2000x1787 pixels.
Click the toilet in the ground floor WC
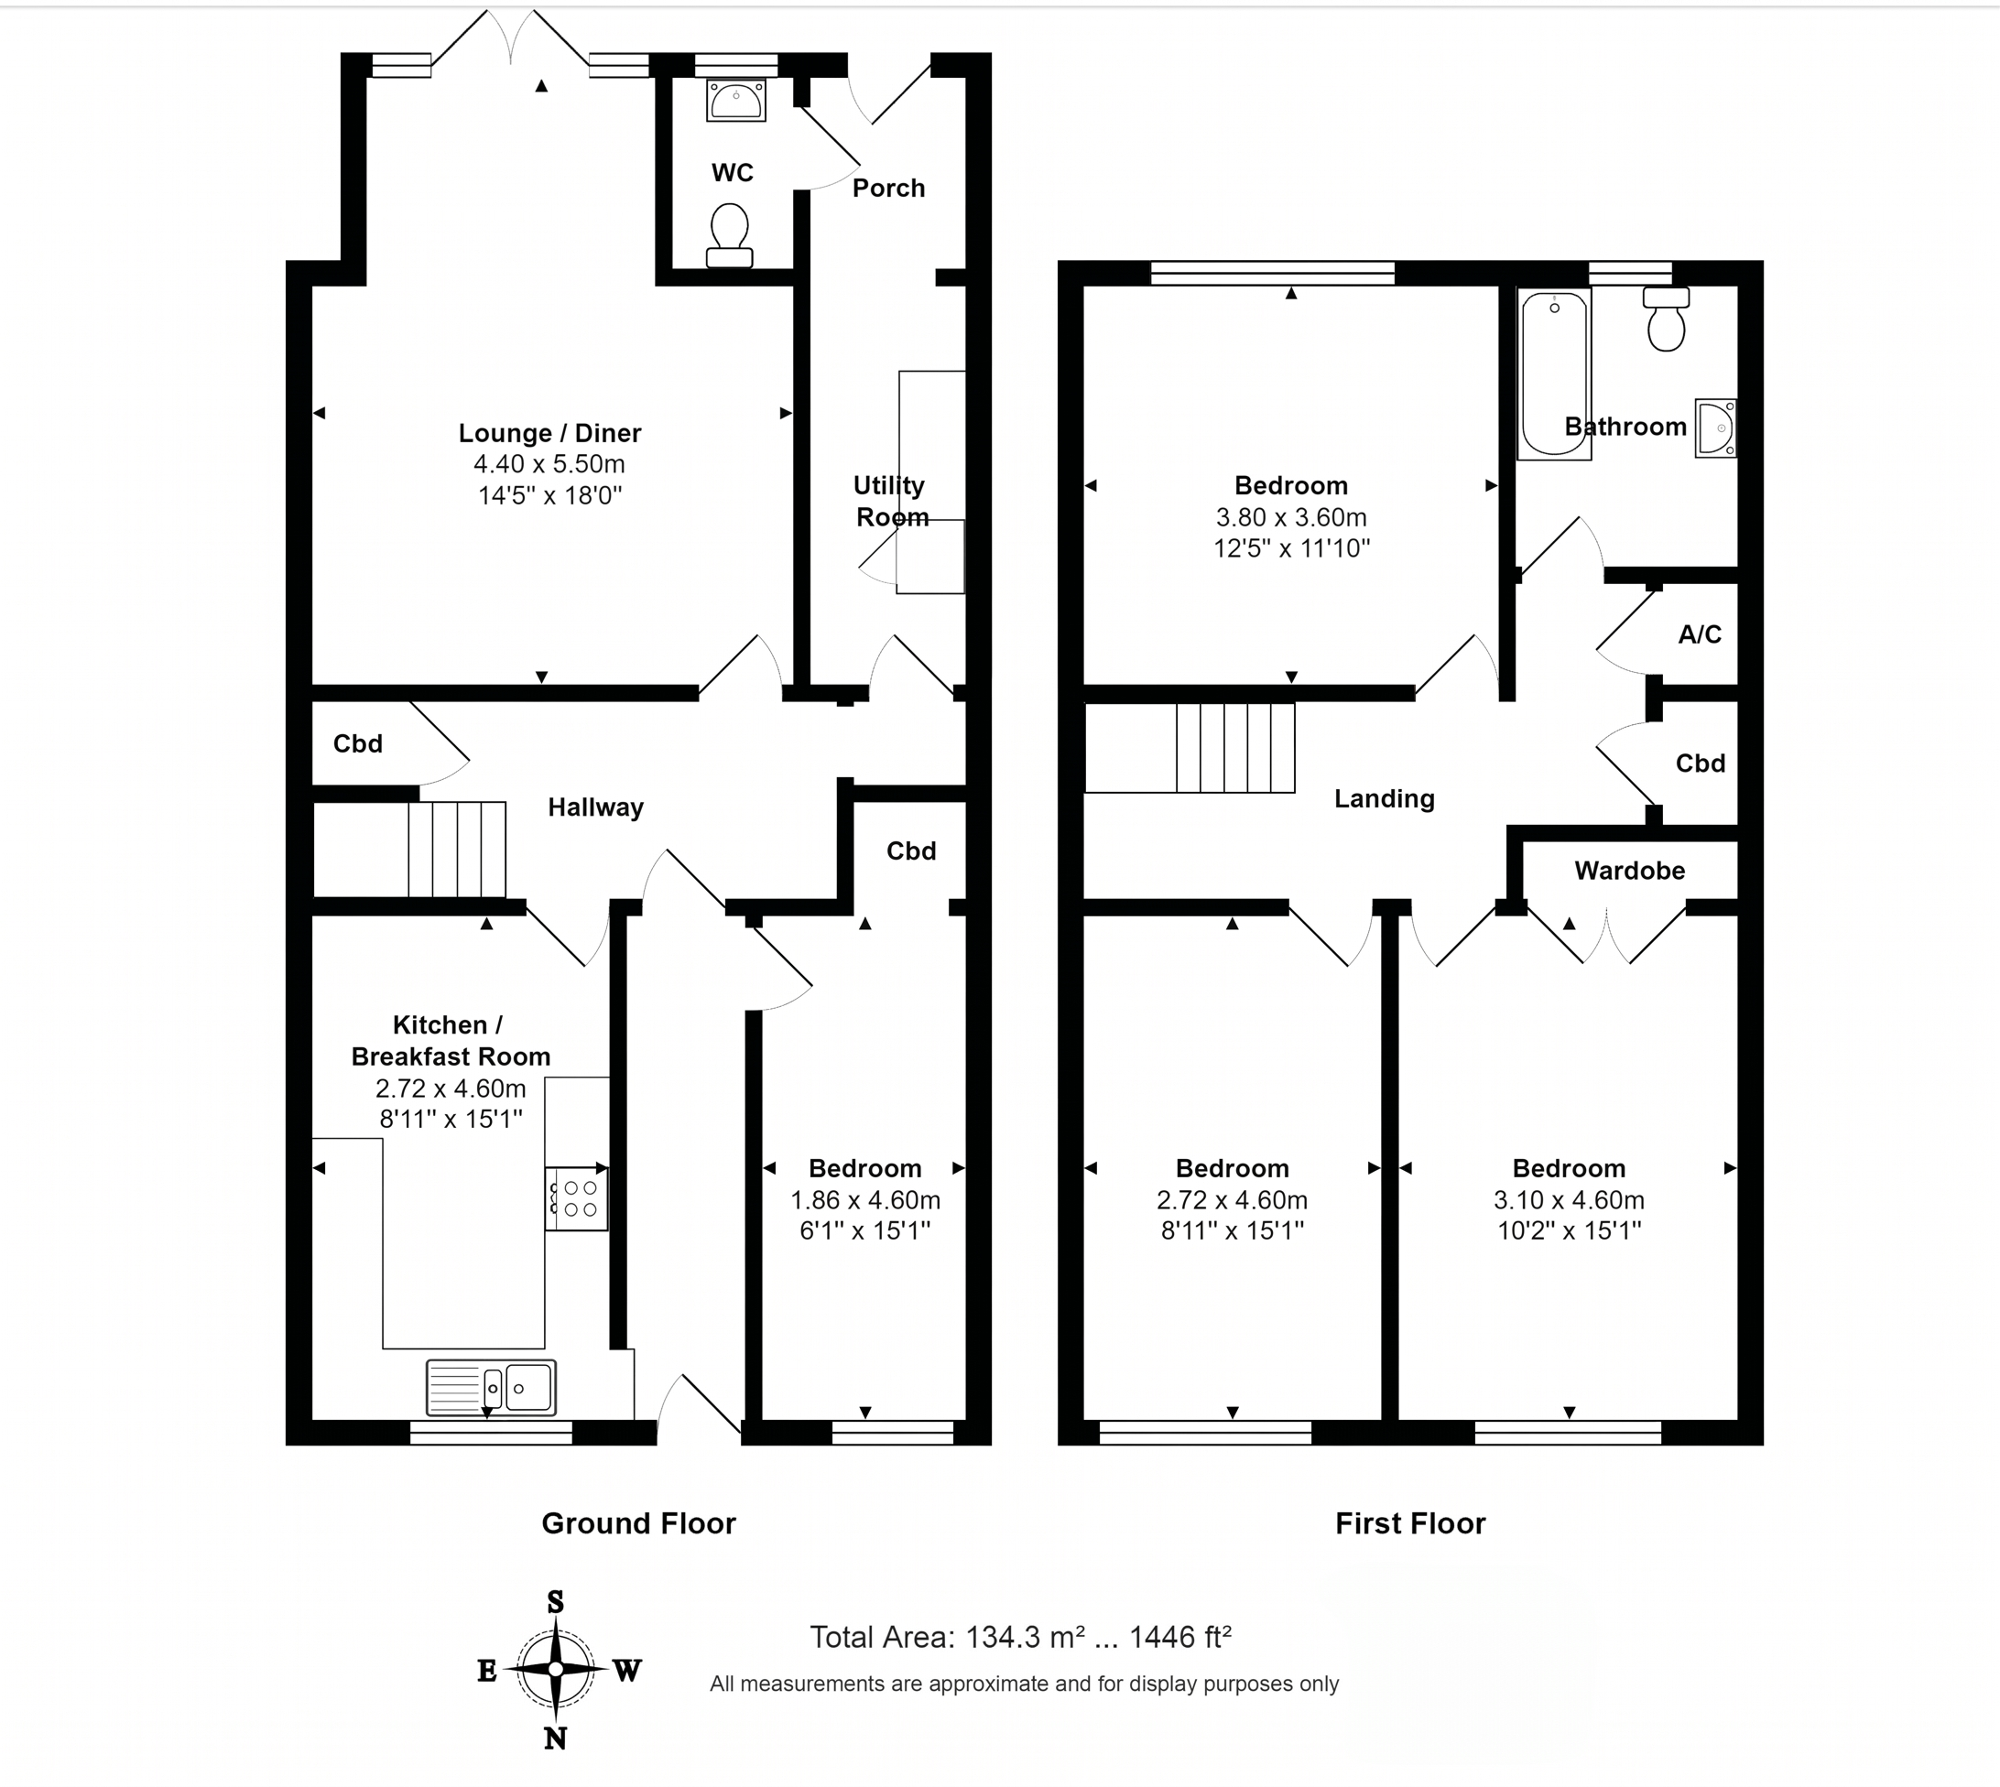point(729,235)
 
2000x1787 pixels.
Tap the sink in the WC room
point(735,100)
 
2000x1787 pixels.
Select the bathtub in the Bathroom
point(1554,374)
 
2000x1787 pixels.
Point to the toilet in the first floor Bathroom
point(1666,318)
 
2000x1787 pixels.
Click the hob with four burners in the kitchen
point(577,1197)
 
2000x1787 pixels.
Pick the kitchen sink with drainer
point(491,1387)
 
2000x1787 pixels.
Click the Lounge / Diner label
point(550,433)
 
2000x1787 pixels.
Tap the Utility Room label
point(890,501)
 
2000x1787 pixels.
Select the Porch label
point(888,188)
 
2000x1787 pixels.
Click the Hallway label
point(595,807)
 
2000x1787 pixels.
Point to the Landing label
point(1384,799)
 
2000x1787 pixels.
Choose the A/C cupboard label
point(1700,634)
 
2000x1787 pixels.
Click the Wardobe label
point(1630,870)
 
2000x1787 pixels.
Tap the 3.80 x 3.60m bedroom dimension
point(1291,517)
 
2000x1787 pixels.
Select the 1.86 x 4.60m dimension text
point(865,1200)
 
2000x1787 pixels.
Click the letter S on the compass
point(555,1602)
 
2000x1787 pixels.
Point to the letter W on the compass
point(626,1670)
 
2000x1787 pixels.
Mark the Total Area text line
point(1021,1637)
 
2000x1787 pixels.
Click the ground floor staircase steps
point(457,850)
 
